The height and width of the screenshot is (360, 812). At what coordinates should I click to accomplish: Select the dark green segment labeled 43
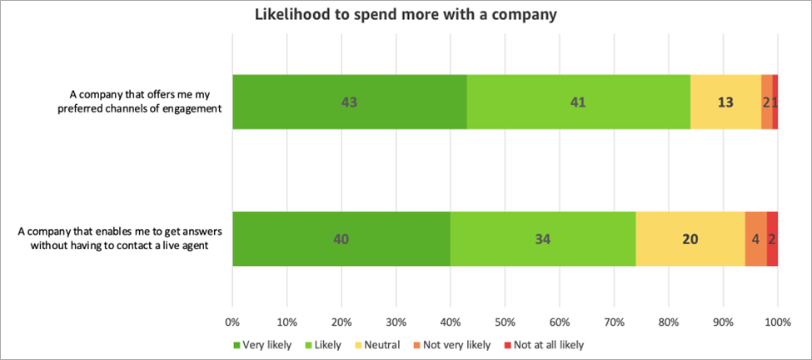[x=350, y=102]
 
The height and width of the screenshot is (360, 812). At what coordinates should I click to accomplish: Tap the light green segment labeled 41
[x=578, y=102]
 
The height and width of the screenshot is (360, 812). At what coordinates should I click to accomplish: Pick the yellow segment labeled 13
[x=725, y=102]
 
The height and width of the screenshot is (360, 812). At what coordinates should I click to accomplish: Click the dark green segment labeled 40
[x=341, y=239]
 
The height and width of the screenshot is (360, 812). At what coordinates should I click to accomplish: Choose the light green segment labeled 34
[x=542, y=239]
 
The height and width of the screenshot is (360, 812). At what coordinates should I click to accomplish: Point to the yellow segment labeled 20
[x=690, y=239]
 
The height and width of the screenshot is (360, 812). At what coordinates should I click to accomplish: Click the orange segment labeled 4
[x=755, y=239]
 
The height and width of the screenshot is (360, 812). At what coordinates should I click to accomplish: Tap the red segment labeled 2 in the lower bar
[x=772, y=239]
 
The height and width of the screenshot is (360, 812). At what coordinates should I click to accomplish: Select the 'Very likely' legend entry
[x=262, y=344]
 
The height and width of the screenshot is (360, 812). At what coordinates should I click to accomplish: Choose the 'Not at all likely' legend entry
[x=538, y=344]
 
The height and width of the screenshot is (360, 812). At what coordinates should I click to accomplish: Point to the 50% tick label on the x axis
[x=505, y=321]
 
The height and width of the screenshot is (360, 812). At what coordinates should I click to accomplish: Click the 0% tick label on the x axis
[x=232, y=321]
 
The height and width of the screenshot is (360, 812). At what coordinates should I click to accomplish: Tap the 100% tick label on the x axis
[x=777, y=321]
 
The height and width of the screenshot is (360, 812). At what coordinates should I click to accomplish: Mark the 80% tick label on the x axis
[x=668, y=321]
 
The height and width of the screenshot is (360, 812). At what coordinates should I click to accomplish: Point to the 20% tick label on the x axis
[x=341, y=321]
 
